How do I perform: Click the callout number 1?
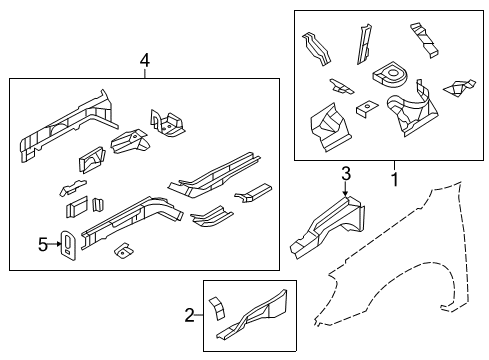pos(393,180)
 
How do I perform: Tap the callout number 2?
pos(188,317)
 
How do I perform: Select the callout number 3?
pos(345,175)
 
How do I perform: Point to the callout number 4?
pos(145,62)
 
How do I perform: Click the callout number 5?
pos(43,242)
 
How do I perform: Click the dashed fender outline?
pos(420,250)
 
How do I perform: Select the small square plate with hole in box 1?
pos(368,106)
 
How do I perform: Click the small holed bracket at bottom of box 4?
pos(124,251)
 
